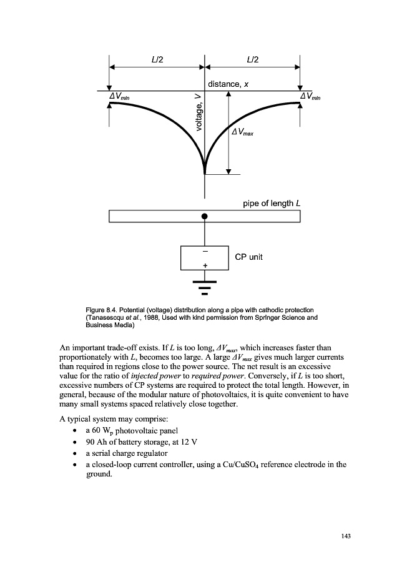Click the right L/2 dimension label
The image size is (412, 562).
[253, 59]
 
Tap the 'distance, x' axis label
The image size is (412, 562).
[232, 84]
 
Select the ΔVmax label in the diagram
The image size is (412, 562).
[243, 132]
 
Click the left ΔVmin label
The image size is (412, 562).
[119, 97]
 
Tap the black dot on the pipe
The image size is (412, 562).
[205, 216]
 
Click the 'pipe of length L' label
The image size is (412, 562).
[272, 204]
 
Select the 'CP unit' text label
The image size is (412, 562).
[248, 257]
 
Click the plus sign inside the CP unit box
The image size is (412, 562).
[205, 265]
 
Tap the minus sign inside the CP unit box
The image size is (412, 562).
[205, 251]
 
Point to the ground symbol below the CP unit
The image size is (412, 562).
[205, 288]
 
